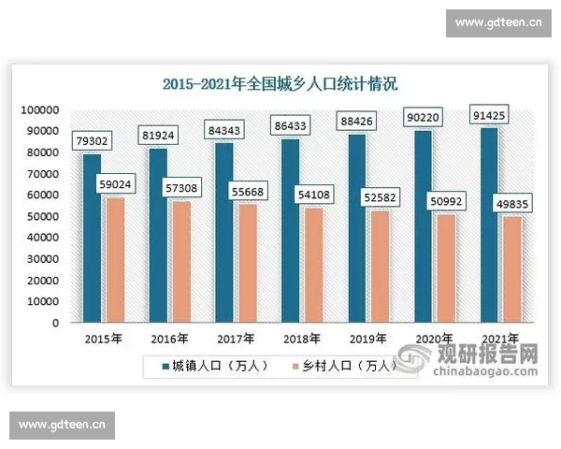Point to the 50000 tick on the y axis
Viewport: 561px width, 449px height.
coord(42,217)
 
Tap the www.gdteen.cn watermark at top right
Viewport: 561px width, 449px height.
coord(498,19)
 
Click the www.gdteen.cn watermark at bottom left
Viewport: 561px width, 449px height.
coord(62,426)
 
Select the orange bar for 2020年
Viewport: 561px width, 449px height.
coord(446,268)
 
